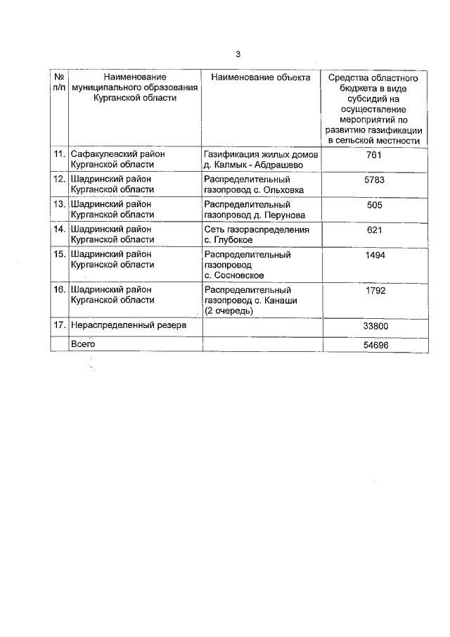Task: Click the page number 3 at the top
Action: (238, 54)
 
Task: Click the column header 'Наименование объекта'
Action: (260, 77)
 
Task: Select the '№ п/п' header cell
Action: (59, 82)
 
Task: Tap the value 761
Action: (373, 155)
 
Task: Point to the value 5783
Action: (373, 179)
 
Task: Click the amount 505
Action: (373, 205)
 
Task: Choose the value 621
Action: (373, 230)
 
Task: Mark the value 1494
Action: (373, 256)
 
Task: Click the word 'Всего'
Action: (83, 343)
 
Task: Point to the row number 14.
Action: (59, 229)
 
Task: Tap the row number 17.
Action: (59, 326)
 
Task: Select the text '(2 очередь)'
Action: (229, 310)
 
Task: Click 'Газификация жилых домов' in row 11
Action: (260, 154)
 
